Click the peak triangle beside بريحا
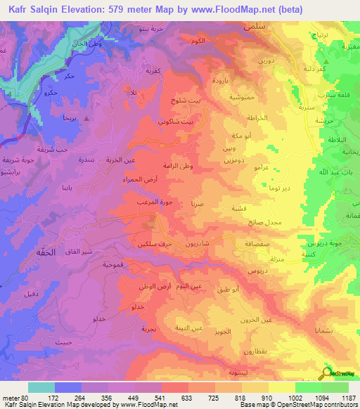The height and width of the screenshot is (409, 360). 86,119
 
